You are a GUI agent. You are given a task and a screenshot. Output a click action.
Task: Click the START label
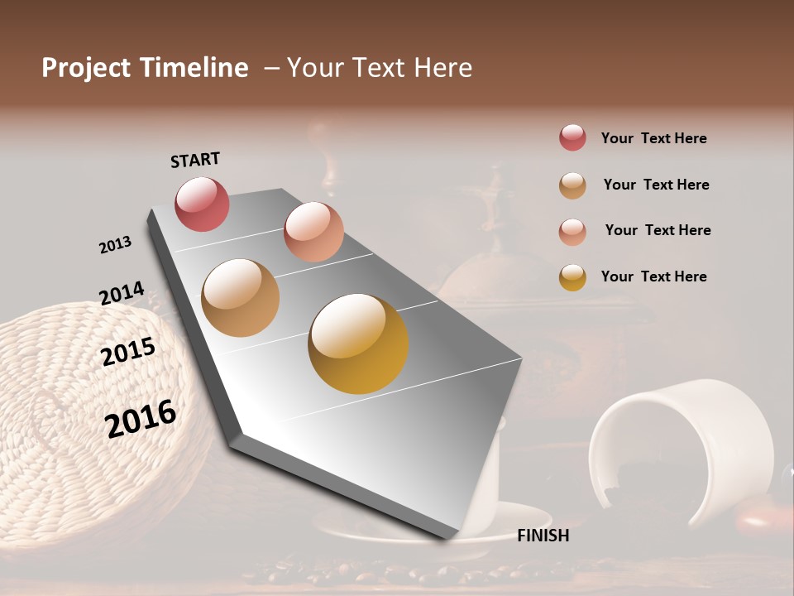(195, 159)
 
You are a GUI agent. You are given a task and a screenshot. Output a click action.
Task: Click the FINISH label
(543, 536)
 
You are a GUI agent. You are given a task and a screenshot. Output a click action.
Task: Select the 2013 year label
(115, 245)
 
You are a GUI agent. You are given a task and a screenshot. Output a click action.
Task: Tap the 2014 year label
(122, 293)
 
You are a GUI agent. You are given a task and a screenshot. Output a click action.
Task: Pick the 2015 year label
(128, 352)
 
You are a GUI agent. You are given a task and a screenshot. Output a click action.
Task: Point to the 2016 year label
(141, 419)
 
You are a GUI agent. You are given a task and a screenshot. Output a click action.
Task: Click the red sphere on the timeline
(202, 204)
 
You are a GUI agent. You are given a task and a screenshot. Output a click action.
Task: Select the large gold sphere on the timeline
(358, 343)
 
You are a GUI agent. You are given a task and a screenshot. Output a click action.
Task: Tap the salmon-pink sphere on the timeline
(313, 232)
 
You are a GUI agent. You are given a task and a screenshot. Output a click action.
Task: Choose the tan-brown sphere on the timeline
(240, 298)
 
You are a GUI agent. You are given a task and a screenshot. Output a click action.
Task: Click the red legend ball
(572, 137)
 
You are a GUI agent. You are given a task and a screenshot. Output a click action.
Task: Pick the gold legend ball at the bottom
(572, 276)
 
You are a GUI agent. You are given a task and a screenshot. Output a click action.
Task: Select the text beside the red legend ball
(653, 138)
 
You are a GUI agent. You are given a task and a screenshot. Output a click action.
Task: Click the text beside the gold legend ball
(653, 276)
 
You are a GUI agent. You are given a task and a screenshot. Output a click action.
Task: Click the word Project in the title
(86, 68)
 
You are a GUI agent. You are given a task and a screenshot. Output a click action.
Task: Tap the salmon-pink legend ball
(572, 231)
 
